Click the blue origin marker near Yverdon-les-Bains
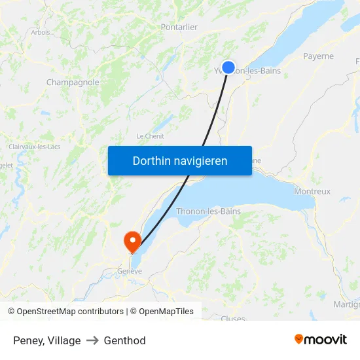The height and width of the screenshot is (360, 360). pos(228,67)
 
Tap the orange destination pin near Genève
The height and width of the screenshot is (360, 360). pos(132,240)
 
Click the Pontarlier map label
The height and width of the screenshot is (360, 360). pos(179,27)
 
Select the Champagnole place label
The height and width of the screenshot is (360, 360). pos(73,82)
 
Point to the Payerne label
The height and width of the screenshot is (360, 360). pos(318,56)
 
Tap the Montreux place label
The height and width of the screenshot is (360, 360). pos(312,191)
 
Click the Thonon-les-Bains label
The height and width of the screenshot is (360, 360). pos(208,211)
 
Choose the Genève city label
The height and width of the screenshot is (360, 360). pos(130,271)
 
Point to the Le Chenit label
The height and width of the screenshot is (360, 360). pos(150,136)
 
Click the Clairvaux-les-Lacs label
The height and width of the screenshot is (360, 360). pos(34,147)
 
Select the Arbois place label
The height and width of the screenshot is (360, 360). pos(41,31)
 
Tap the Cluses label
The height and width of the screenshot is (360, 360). pos(233,319)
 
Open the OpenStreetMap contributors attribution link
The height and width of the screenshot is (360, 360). pos(69,312)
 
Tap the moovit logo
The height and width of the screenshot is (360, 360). pos(321,339)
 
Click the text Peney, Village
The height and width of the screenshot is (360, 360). pos(47,340)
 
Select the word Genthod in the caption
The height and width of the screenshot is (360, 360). pos(124,340)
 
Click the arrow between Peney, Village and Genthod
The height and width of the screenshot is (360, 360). pos(92,340)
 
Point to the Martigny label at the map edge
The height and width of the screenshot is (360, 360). pos(346,304)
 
